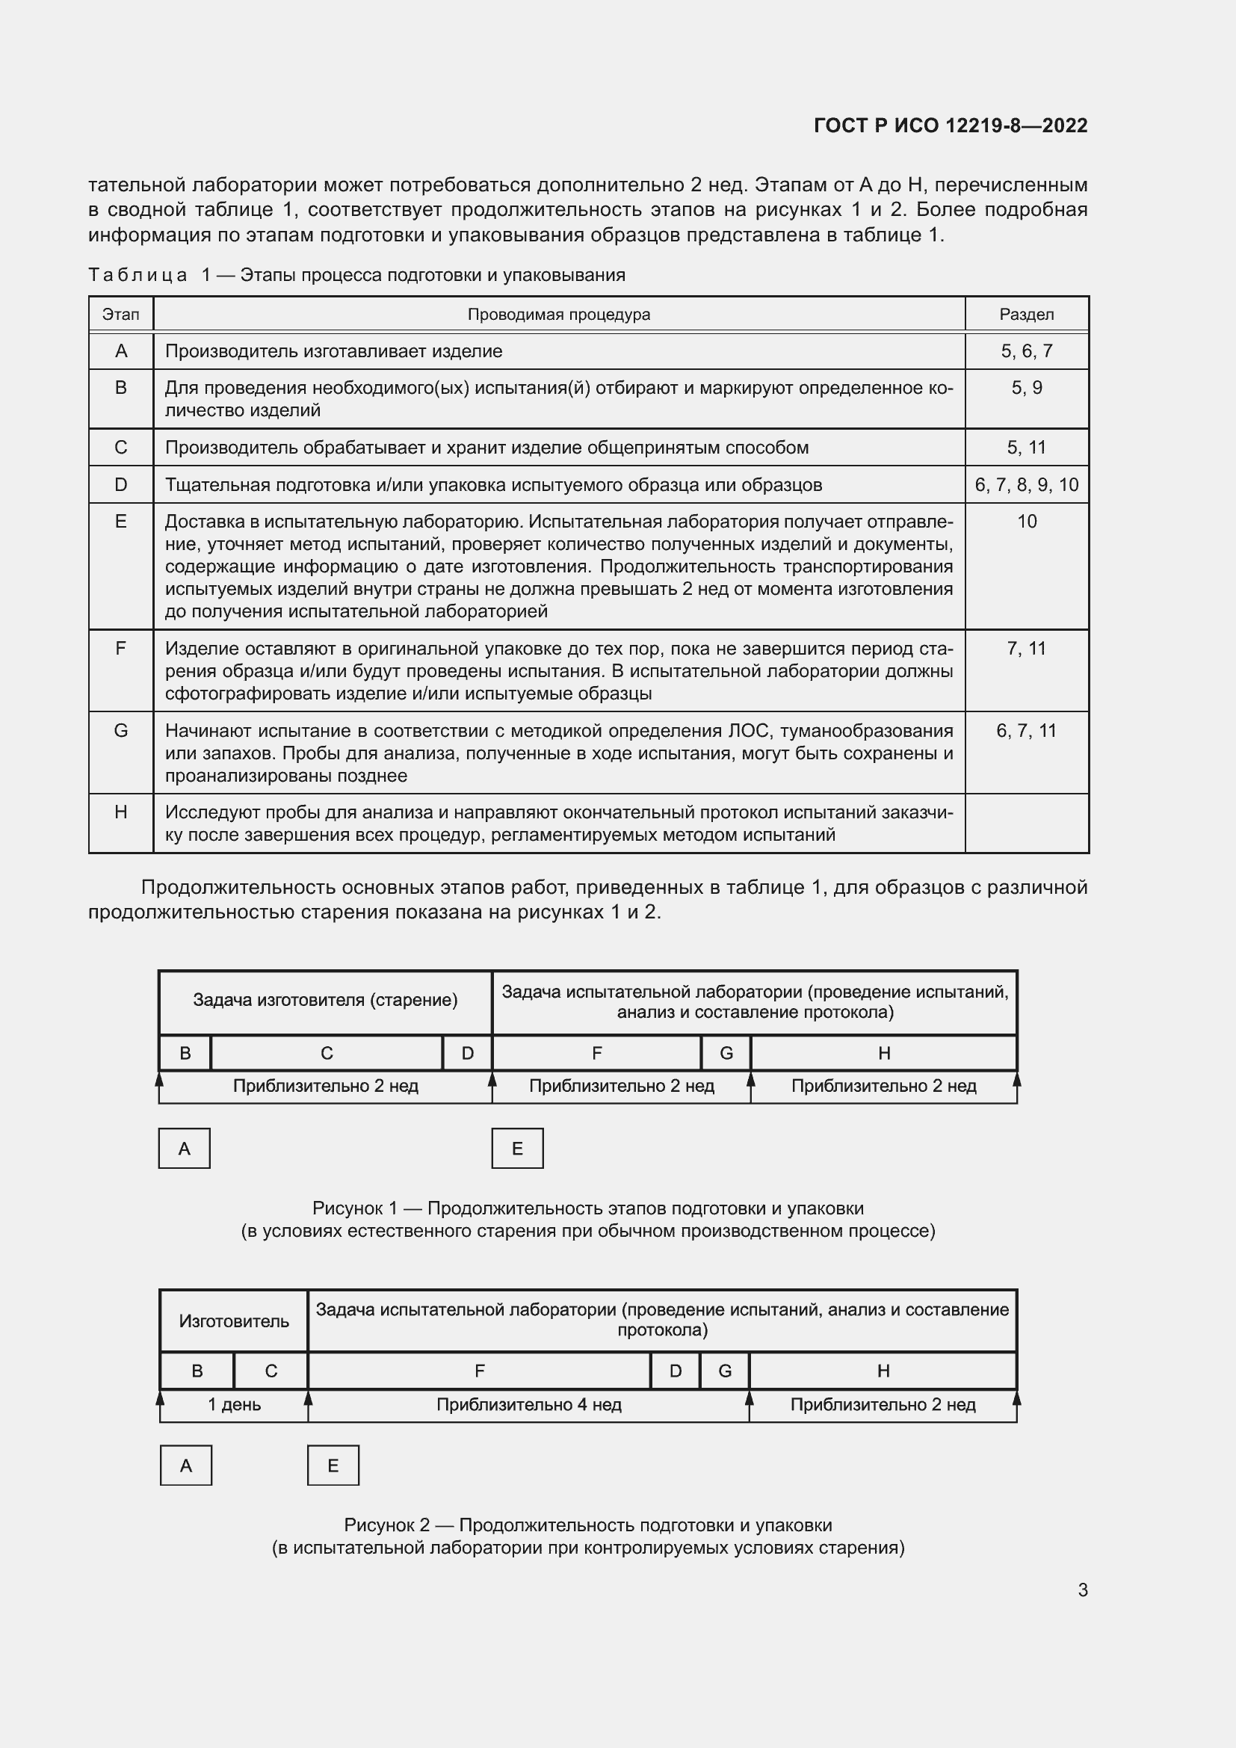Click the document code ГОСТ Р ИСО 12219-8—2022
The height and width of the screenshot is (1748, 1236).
point(950,126)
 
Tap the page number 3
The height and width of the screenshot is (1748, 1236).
point(1082,1590)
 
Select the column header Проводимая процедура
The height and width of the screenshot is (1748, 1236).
point(559,315)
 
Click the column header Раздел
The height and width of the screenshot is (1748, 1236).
point(1026,315)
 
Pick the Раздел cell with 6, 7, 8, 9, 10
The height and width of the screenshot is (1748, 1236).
point(1026,485)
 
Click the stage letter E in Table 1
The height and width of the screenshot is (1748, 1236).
point(120,522)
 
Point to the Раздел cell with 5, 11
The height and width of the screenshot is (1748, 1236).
point(1026,448)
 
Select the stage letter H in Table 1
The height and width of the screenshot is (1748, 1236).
point(120,812)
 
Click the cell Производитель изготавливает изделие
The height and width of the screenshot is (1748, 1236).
point(333,352)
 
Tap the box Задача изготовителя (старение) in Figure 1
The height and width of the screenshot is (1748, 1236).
point(325,1001)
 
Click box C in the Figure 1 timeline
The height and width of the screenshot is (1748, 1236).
point(327,1053)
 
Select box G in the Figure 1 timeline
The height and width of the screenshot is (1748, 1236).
point(726,1053)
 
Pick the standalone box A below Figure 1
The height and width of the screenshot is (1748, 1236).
point(184,1149)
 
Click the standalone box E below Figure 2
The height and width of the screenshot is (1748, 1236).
point(333,1466)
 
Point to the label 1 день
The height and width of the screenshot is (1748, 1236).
point(235,1405)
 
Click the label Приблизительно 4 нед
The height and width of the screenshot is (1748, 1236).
point(529,1405)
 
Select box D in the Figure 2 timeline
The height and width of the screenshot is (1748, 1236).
point(675,1371)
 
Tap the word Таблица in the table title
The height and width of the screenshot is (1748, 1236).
point(137,276)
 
